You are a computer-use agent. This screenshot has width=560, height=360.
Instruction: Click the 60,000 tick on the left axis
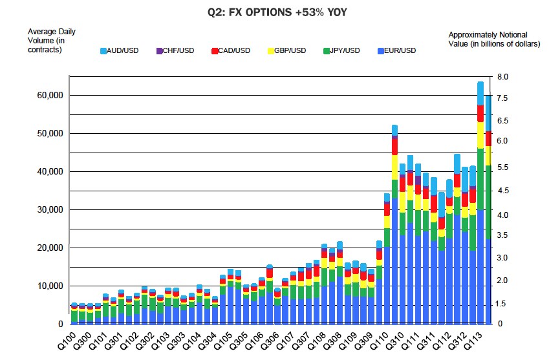[x=47, y=96]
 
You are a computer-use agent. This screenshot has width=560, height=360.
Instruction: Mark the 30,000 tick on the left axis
[x=47, y=210]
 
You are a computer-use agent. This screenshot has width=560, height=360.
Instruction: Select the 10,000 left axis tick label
[x=47, y=286]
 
